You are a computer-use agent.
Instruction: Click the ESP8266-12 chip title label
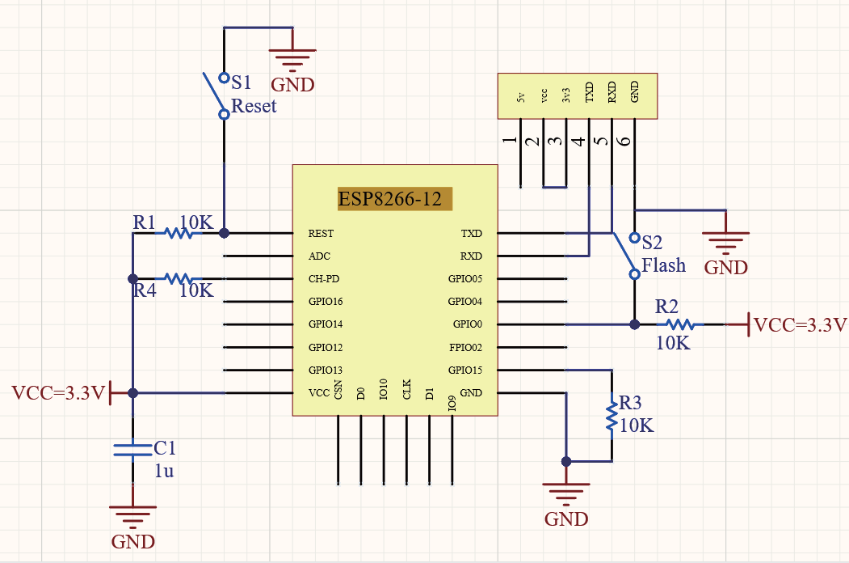(390, 199)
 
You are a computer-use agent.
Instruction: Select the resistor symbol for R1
(179, 233)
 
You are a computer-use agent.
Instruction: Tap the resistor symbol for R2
(679, 324)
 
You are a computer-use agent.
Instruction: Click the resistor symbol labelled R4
(179, 278)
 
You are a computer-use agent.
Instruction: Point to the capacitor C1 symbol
(133, 449)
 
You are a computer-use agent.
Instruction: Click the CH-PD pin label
(324, 279)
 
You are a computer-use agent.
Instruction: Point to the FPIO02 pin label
(465, 347)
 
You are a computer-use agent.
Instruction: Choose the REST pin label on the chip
(321, 234)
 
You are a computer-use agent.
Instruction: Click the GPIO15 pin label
(465, 370)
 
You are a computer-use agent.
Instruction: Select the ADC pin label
(319, 256)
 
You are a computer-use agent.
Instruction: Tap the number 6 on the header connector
(624, 141)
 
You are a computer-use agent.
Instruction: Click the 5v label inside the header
(521, 97)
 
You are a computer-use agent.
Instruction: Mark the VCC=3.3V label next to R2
(800, 325)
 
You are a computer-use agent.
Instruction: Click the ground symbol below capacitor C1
(133, 514)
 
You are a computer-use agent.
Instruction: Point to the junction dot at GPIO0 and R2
(634, 324)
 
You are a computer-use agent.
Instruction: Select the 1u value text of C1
(164, 470)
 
